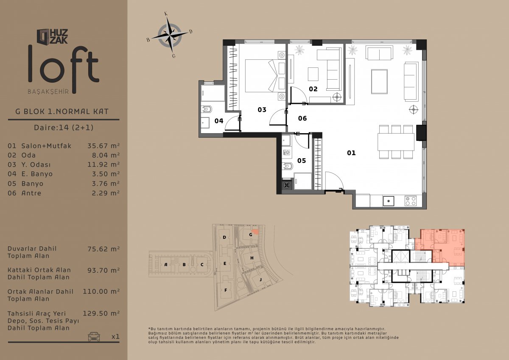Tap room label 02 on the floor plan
pyautogui.click(x=313, y=89)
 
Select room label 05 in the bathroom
pyautogui.click(x=302, y=161)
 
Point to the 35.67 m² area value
pyautogui.click(x=103, y=145)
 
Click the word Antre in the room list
pyautogui.click(x=31, y=193)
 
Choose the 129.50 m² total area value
pyautogui.click(x=101, y=313)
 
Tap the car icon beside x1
pyautogui.click(x=94, y=336)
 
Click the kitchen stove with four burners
pyautogui.click(x=411, y=201)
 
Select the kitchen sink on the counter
pyautogui.click(x=389, y=201)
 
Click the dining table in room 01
pyautogui.click(x=396, y=142)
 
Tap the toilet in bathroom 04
pyautogui.click(x=206, y=109)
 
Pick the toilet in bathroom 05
pyautogui.click(x=288, y=167)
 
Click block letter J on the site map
pyautogui.click(x=260, y=279)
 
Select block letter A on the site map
pyautogui.click(x=166, y=265)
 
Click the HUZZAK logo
pyautogui.click(x=52, y=36)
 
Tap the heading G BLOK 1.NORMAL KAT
pyautogui.click(x=62, y=112)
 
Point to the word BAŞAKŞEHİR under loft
pyautogui.click(x=48, y=92)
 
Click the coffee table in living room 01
pyautogui.click(x=379, y=81)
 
